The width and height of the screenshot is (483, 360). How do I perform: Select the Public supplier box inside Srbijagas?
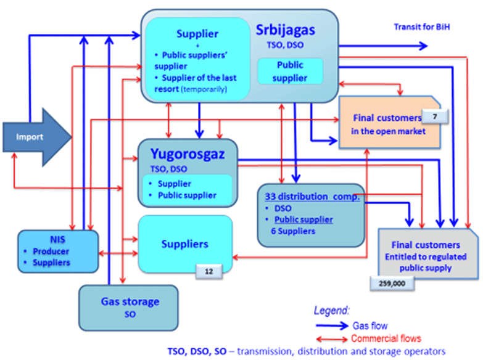[x=290, y=71]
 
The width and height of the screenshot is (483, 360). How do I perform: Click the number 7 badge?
[x=436, y=115]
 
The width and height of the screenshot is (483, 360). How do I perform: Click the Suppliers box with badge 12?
[x=184, y=243]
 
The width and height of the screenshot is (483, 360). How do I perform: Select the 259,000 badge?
[x=392, y=283]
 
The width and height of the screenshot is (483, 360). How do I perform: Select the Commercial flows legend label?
[x=386, y=338]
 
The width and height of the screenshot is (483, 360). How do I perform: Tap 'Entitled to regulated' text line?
[x=426, y=256]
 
